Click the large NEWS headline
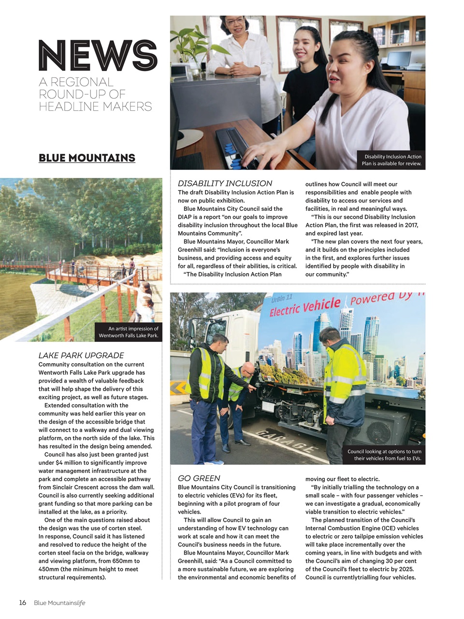pos(98,55)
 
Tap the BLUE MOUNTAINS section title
pos(87,158)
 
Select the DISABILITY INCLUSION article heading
pos(225,183)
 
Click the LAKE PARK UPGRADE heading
pos(81,355)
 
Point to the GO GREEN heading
pos(199,478)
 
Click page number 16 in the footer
pos(23,603)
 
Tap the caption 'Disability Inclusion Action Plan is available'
pos(391,160)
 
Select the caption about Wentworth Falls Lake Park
pos(128,332)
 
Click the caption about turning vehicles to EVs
pos(384,455)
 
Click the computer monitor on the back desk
pos(399,59)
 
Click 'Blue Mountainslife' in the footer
pos(59,603)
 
